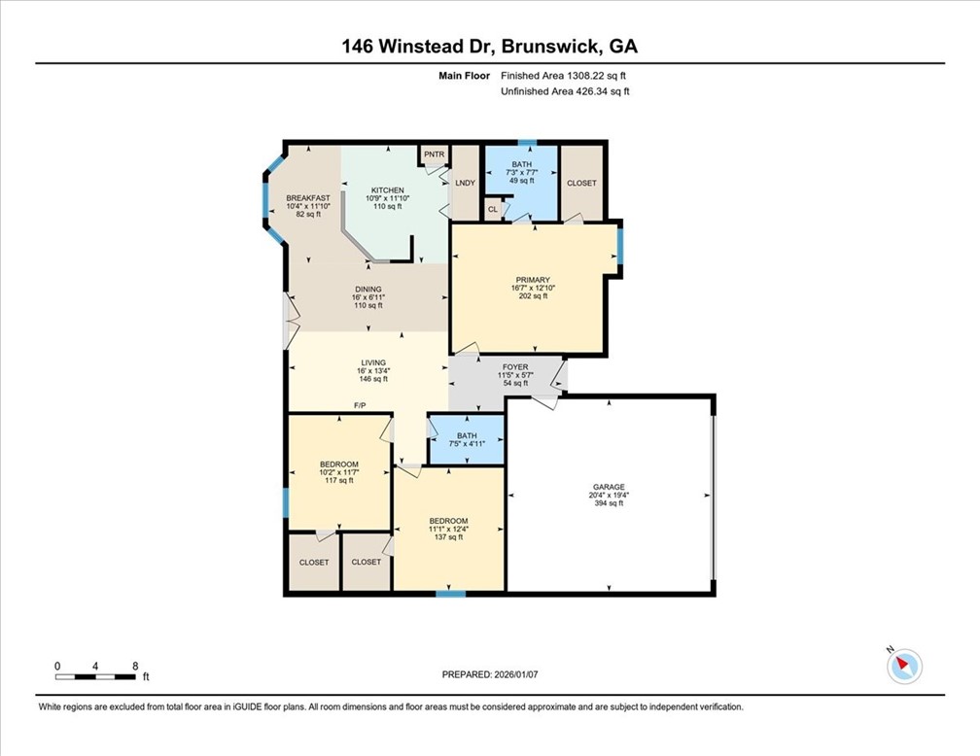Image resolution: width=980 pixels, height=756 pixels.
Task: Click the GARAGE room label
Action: coord(609,487)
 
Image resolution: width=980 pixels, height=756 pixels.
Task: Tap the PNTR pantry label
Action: coord(434,155)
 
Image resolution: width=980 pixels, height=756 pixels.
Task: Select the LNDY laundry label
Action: coord(466,183)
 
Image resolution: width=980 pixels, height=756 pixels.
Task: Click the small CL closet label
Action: coord(493,209)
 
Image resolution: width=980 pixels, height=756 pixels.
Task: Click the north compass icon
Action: coord(904,666)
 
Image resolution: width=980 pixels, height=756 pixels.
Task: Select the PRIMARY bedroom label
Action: coord(530,280)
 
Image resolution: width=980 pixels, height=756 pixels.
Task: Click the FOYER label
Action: coord(514,367)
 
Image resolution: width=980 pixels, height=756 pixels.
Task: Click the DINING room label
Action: coord(367,288)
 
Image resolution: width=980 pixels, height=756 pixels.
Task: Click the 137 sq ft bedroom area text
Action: coord(448,536)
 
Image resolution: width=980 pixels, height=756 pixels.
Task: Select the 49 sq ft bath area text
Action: coord(522,181)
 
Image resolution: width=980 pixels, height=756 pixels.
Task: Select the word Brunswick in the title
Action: coord(543,46)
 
